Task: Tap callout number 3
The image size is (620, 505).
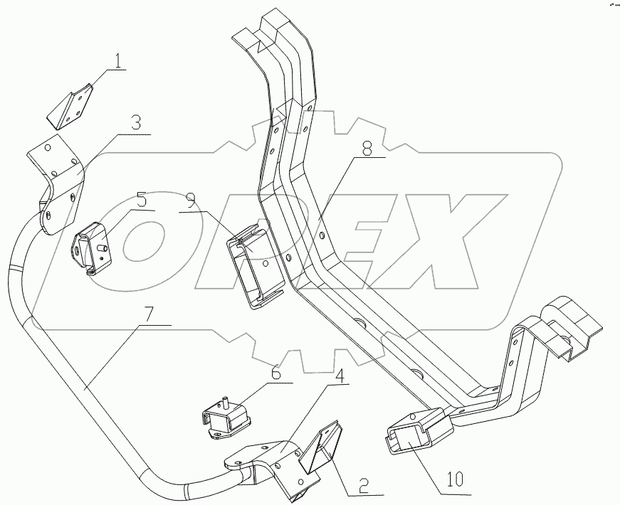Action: [x=135, y=122]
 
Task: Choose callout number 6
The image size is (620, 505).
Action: [x=275, y=372]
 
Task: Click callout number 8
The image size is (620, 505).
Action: [x=367, y=149]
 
